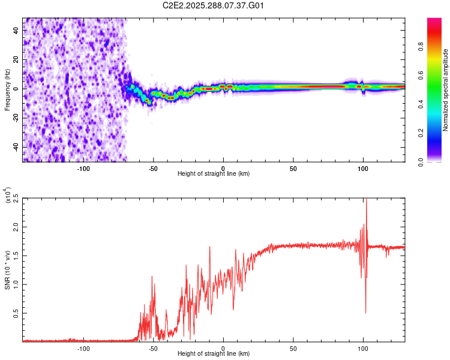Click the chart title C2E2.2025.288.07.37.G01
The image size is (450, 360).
[x=214, y=5]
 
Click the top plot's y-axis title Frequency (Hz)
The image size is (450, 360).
[x=7, y=89]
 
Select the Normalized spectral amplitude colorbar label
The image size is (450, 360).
[x=445, y=90]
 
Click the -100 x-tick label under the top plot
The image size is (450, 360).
[x=83, y=169]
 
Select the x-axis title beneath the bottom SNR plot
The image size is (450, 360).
[x=214, y=354]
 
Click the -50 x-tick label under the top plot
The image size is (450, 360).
[x=153, y=169]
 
